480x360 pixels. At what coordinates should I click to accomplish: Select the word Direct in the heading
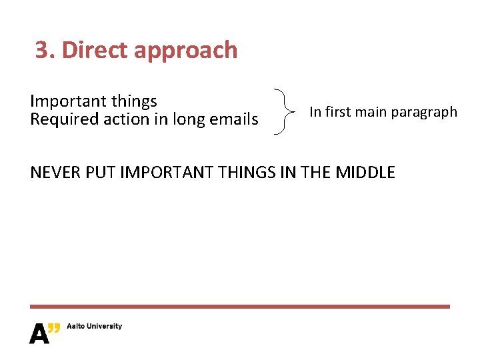click(x=95, y=50)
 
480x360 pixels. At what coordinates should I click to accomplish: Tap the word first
click(x=338, y=111)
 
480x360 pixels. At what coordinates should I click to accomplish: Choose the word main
click(x=371, y=111)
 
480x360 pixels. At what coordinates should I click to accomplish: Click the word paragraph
click(x=424, y=112)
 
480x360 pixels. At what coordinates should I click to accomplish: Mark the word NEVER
click(x=55, y=173)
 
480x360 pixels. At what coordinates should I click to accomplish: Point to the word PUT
click(x=97, y=173)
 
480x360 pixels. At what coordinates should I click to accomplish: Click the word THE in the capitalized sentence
click(x=316, y=173)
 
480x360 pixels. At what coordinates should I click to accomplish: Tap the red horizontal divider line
click(x=240, y=307)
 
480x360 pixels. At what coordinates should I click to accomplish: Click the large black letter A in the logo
click(x=39, y=333)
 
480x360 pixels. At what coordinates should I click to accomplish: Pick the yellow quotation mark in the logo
click(x=55, y=327)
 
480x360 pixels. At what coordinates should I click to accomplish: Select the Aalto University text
click(x=94, y=326)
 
